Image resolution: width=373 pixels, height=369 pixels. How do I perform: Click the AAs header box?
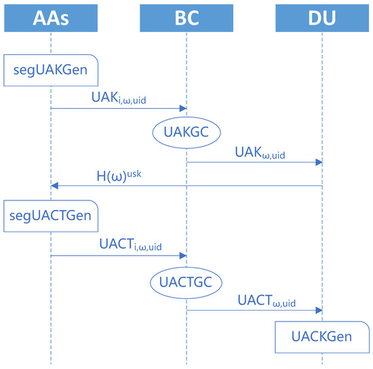(x=51, y=16)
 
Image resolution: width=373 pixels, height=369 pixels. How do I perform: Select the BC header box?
(x=186, y=16)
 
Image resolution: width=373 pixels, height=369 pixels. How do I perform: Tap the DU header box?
(x=322, y=16)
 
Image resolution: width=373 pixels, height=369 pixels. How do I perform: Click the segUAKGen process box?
(x=51, y=69)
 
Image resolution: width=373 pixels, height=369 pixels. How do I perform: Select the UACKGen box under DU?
(x=323, y=337)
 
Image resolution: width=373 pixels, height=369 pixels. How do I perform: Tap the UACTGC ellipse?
(x=186, y=283)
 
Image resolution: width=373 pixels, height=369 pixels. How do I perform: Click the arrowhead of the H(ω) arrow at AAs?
(x=55, y=186)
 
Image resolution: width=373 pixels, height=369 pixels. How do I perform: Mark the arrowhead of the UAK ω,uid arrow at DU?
(x=318, y=162)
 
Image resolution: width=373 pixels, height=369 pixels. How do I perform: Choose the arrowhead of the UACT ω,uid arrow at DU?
(x=318, y=311)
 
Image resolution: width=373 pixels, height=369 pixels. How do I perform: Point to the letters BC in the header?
(x=186, y=16)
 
